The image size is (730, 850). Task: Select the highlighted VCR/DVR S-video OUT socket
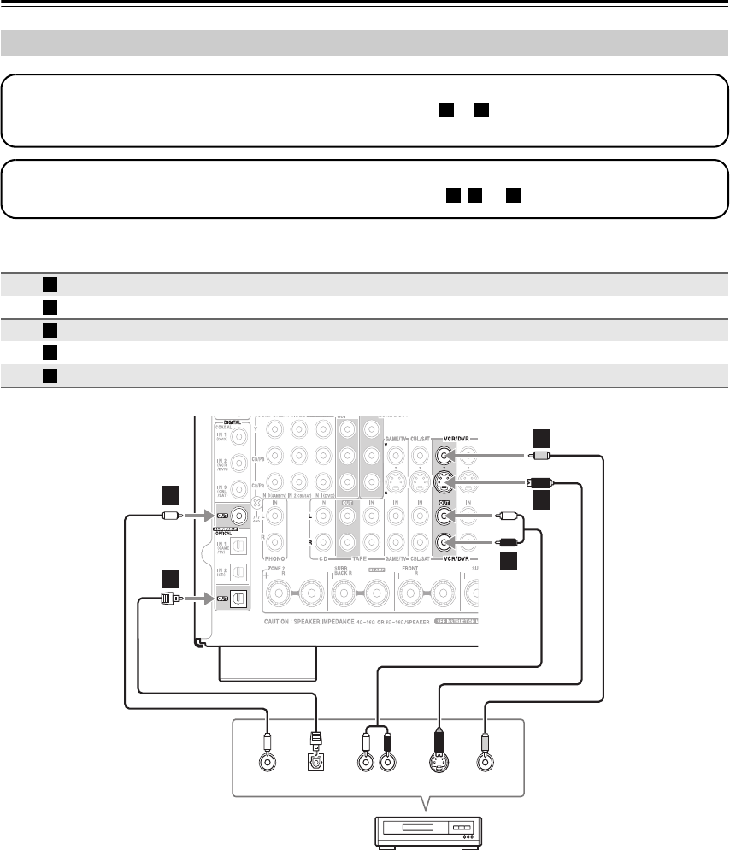(x=444, y=481)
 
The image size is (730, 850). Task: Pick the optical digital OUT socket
(x=243, y=599)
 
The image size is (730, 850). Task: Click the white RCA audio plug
(x=508, y=516)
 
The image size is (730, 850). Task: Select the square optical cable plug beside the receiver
(x=168, y=599)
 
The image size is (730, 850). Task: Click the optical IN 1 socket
(x=243, y=545)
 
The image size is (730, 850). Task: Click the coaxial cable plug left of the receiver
(x=169, y=516)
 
